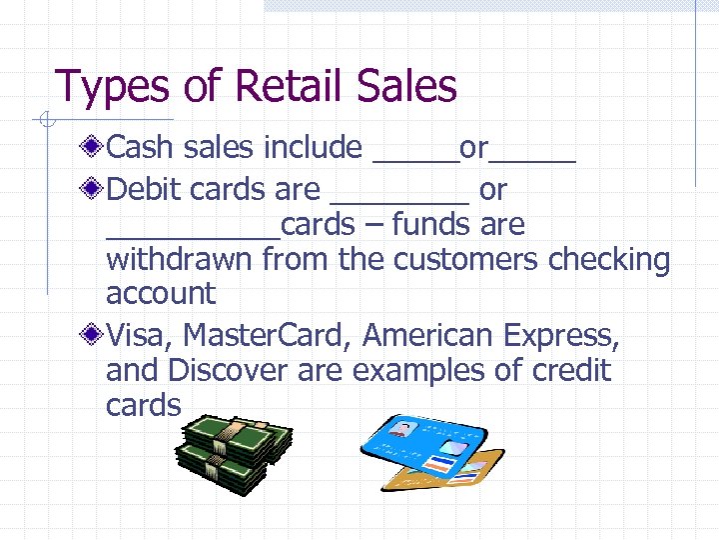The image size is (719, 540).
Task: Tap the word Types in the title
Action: tap(113, 87)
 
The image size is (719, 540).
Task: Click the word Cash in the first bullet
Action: tap(140, 148)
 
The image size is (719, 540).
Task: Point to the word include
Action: tap(312, 148)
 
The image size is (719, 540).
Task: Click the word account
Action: tap(160, 294)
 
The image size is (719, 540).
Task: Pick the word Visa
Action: tap(137, 335)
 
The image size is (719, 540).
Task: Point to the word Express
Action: tap(562, 336)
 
